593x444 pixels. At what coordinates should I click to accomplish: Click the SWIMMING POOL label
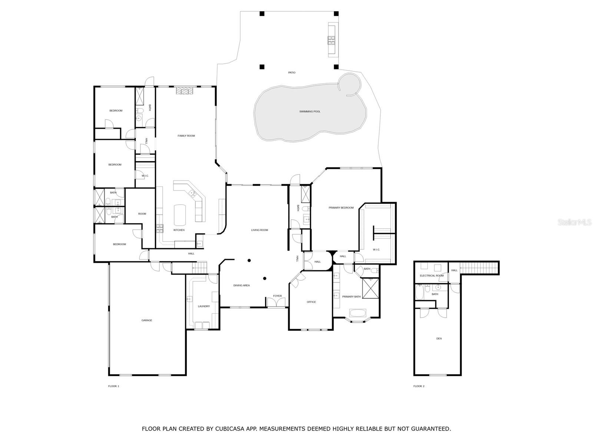tap(309, 111)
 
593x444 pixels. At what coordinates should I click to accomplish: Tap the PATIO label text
tap(292, 73)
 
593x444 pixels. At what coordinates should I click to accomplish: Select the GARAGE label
tap(147, 320)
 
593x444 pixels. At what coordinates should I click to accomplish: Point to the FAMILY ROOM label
tap(186, 135)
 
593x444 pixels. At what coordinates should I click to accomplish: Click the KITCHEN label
tap(179, 230)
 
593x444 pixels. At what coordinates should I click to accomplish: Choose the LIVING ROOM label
tap(259, 230)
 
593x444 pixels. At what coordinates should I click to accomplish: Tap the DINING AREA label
tap(242, 285)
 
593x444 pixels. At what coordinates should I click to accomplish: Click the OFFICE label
tap(311, 302)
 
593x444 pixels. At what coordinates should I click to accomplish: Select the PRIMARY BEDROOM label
tap(341, 208)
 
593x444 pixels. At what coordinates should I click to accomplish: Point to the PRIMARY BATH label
tap(351, 296)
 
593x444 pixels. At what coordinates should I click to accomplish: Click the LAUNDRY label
tap(204, 306)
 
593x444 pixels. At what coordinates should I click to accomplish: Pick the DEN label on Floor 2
tap(439, 339)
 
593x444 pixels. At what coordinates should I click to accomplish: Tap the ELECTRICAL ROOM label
tap(432, 276)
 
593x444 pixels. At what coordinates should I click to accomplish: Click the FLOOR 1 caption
tap(113, 386)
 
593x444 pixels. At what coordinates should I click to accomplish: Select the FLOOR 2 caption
tap(419, 386)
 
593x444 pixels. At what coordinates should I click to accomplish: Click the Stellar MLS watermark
tap(574, 222)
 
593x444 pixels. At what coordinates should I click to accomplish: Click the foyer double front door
tap(276, 302)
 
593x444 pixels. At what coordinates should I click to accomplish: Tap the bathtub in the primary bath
tap(358, 313)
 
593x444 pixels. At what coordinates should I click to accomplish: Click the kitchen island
tap(180, 215)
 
